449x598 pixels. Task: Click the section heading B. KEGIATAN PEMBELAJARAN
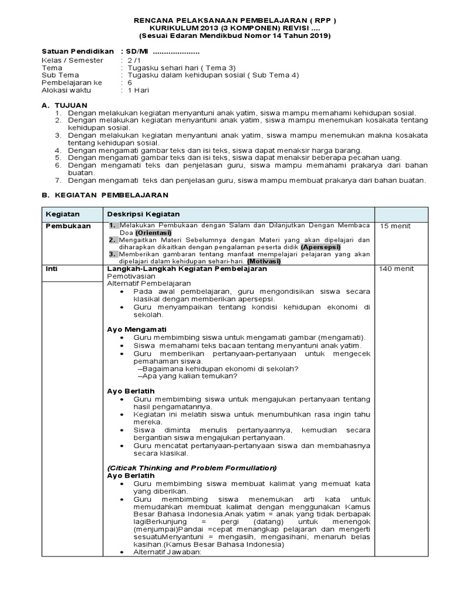pos(105,194)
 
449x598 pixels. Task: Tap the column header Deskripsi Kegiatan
pos(143,214)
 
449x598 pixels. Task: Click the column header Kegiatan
pos(63,214)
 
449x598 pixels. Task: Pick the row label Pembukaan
pos(68,226)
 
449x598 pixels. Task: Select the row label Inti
pos(51,269)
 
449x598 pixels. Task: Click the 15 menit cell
pos(395,226)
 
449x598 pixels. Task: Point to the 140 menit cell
pos(397,269)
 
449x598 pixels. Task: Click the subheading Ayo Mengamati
pos(136,329)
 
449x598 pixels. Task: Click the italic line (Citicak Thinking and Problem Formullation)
pos(192,468)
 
